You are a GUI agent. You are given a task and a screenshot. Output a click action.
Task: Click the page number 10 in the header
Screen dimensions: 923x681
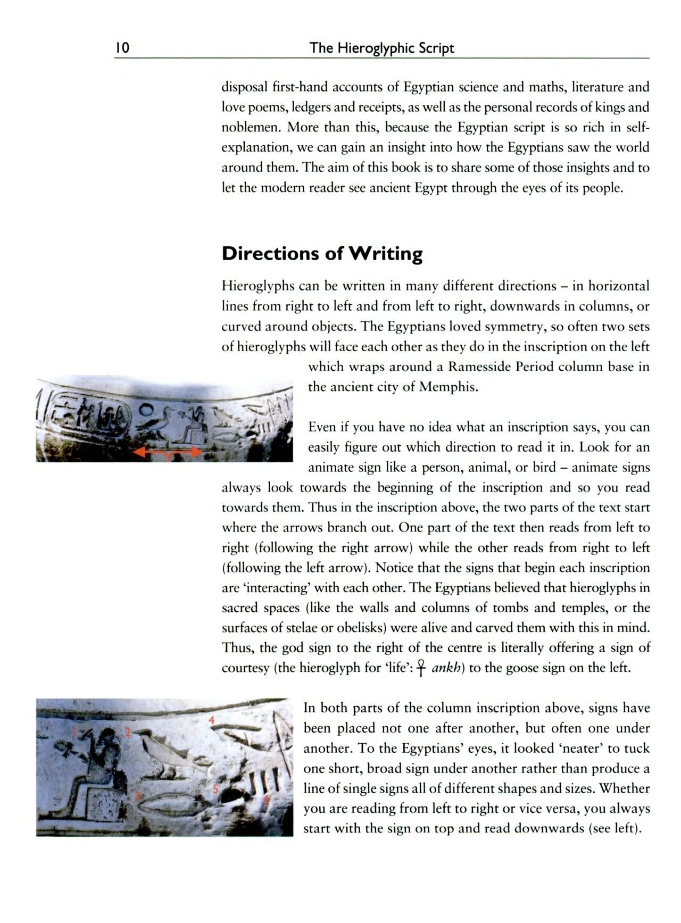(x=122, y=48)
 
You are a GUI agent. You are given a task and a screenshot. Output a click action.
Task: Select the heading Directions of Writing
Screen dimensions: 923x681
(x=322, y=253)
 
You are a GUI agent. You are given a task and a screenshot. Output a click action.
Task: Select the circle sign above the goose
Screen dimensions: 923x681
(x=145, y=410)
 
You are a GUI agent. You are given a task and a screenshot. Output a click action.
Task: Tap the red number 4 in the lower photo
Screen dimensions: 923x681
(x=212, y=719)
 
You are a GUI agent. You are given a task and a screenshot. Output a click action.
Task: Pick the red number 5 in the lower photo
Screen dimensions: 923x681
(x=215, y=788)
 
